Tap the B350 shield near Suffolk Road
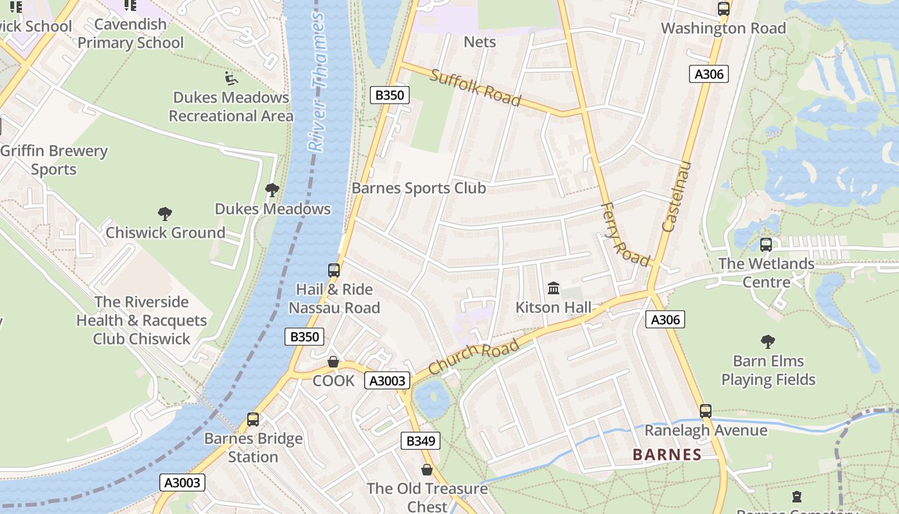pos(389,95)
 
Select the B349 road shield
pos(421,441)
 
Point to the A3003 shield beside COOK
pos(387,380)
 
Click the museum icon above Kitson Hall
pos(553,288)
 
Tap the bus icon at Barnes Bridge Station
pos(253,420)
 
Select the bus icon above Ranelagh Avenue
pos(706,411)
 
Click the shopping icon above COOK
pos(333,362)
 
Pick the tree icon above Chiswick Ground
pos(165,214)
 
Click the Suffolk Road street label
pos(475,87)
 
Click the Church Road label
pos(473,357)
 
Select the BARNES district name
pos(667,455)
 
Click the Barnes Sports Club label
pos(419,188)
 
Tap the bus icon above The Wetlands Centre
pos(765,245)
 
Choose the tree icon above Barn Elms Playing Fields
pos(767,342)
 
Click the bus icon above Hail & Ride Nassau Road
pos(334,270)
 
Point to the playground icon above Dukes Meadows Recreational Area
pos(231,78)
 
